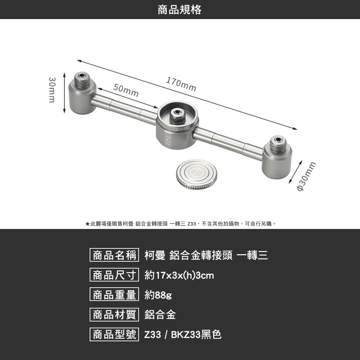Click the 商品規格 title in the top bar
[180, 10]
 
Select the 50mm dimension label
[126, 90]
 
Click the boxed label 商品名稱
[114, 256]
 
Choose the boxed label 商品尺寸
[114, 275]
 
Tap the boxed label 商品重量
[114, 295]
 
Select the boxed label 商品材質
[114, 315]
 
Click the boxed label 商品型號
[114, 335]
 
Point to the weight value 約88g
[158, 296]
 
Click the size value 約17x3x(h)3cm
[179, 276]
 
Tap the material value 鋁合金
[160, 315]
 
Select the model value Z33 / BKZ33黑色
[183, 335]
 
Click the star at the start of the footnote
[87, 224]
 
